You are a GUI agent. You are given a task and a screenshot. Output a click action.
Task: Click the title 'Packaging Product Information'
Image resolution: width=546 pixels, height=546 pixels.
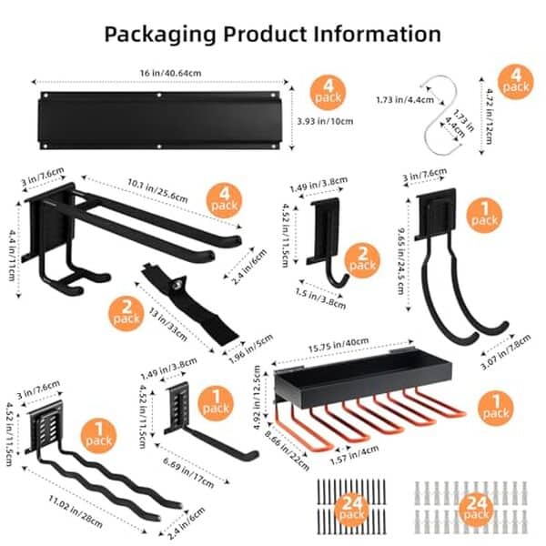[x=272, y=35]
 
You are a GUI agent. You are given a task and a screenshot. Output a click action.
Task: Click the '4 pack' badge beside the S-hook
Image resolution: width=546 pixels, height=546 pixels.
[x=514, y=80]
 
